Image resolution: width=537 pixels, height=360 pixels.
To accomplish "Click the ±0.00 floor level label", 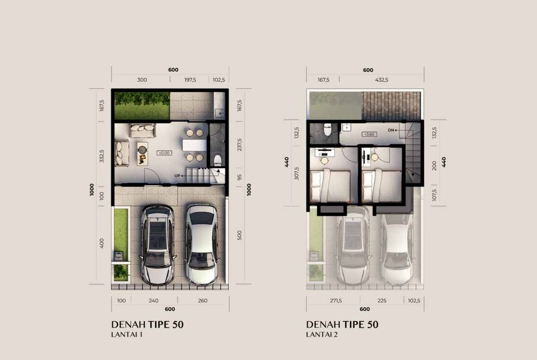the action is (x=164, y=153).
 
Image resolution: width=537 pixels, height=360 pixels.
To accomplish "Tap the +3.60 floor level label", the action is (x=369, y=134).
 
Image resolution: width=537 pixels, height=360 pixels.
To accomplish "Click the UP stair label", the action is (x=177, y=176).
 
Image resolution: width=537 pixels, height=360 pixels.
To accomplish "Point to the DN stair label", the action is (x=391, y=130).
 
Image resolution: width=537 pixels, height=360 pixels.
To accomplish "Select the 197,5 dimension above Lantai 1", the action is (x=190, y=80).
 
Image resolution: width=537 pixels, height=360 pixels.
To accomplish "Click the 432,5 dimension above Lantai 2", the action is (x=381, y=80).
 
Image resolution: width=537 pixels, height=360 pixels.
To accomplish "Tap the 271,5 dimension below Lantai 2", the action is (x=336, y=300).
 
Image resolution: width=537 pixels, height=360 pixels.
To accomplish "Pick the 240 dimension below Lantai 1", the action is (x=153, y=300).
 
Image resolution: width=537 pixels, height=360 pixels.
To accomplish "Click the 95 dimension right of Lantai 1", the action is (x=240, y=177).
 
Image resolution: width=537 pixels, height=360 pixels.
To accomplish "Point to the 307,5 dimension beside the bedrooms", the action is (x=296, y=173).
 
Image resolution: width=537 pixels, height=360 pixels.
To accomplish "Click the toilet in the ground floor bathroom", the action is (x=218, y=160).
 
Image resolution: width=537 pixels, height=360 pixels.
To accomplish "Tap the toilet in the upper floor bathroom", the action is (x=328, y=129).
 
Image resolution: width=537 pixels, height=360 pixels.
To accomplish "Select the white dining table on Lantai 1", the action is (x=195, y=145).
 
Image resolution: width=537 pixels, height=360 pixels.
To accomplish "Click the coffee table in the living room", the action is (x=142, y=154).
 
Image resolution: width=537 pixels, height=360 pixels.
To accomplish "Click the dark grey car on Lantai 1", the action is (x=158, y=245).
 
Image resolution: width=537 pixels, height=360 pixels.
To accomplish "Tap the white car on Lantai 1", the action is (x=201, y=244).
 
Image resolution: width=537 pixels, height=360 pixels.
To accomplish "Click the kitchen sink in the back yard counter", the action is (x=219, y=112).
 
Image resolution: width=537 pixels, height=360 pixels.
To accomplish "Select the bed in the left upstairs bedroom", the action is (x=330, y=186).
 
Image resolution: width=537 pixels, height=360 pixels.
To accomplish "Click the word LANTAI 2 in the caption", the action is (x=322, y=334).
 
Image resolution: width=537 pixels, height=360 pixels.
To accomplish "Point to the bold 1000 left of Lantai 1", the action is (x=92, y=189).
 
